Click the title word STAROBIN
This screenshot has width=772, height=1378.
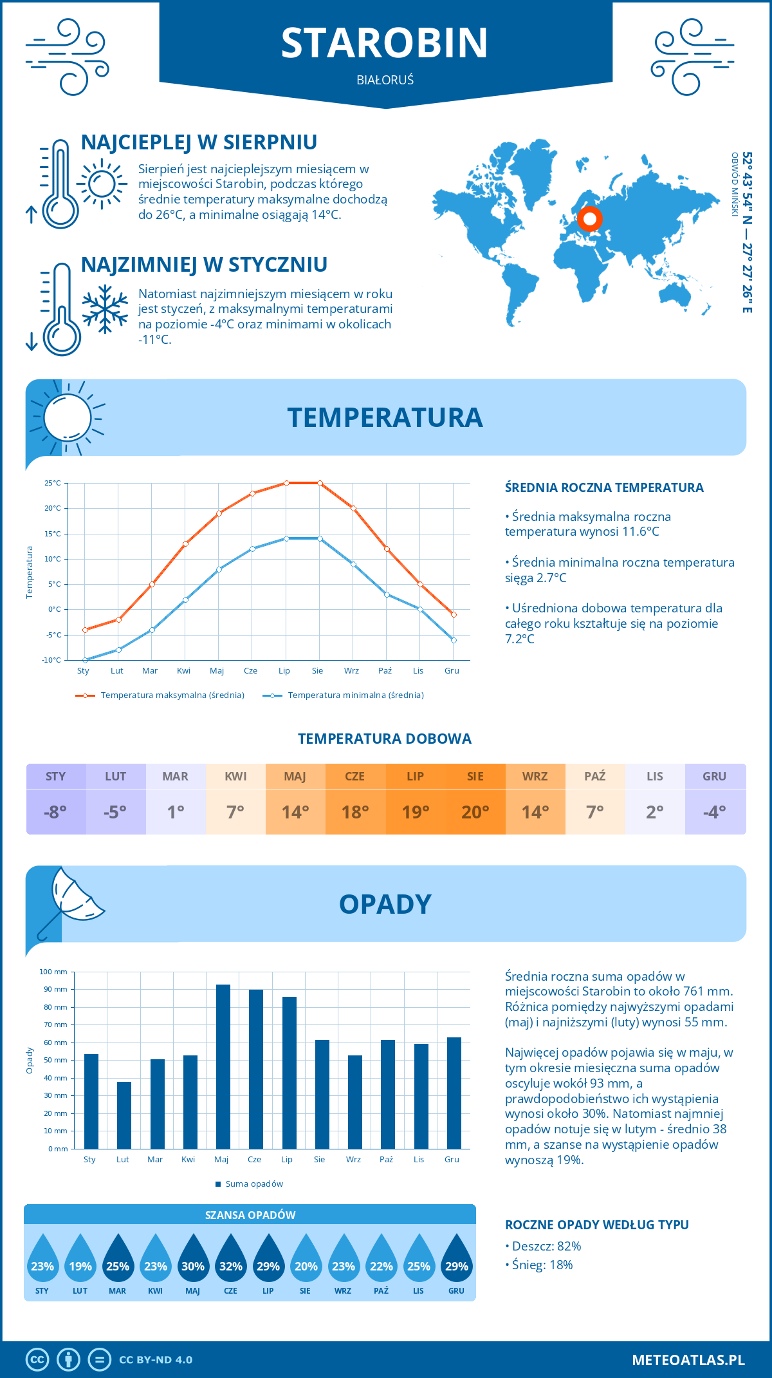click(385, 43)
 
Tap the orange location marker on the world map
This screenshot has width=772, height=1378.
click(589, 219)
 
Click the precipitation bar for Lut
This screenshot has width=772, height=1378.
click(124, 1115)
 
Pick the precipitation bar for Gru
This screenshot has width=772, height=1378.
click(454, 1093)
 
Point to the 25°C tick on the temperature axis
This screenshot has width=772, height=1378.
click(53, 483)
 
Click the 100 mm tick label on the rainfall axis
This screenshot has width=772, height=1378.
click(54, 972)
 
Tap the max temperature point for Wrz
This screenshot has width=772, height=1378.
click(353, 508)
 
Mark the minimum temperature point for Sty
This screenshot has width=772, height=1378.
click(85, 660)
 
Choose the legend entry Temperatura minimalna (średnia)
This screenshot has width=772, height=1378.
click(355, 695)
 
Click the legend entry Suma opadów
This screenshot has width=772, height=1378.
click(254, 1184)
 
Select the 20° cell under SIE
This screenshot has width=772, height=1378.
click(475, 812)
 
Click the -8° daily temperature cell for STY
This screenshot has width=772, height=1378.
click(56, 812)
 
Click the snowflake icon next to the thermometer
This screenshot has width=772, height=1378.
click(105, 309)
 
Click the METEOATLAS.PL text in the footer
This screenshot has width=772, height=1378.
click(688, 1360)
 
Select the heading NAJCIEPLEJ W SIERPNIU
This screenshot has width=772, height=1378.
click(199, 142)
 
